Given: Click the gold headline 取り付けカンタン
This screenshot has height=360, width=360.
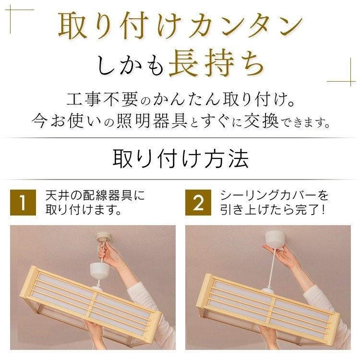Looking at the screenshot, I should tap(180, 26).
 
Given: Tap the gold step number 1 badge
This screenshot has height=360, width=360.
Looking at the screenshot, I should tap(23, 203).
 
